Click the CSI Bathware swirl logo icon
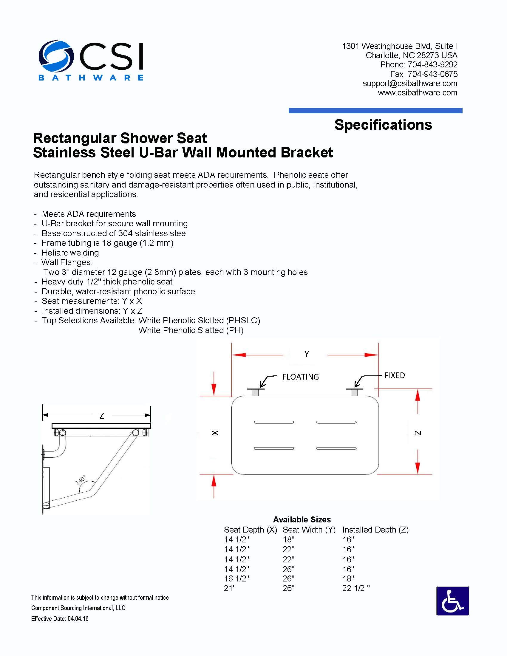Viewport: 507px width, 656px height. pyautogui.click(x=56, y=56)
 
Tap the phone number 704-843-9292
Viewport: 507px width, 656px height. pyautogui.click(x=432, y=65)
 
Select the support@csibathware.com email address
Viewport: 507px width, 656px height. pyautogui.click(x=410, y=83)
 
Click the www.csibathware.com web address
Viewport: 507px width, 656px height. pyautogui.click(x=417, y=93)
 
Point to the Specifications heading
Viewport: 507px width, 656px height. pyautogui.click(x=383, y=125)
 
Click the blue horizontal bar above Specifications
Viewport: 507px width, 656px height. pyautogui.click(x=375, y=111)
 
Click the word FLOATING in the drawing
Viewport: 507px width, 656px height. pyautogui.click(x=301, y=377)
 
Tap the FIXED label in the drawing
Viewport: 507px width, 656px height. pyautogui.click(x=395, y=375)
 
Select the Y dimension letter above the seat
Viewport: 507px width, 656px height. pyautogui.click(x=307, y=354)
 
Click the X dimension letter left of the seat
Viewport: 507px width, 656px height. pyautogui.click(x=215, y=433)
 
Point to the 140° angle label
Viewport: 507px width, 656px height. pyautogui.click(x=80, y=480)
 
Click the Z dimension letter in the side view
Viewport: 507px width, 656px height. pyautogui.click(x=102, y=416)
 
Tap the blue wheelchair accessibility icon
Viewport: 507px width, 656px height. pyautogui.click(x=452, y=601)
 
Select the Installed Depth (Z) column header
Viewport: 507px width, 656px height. pyautogui.click(x=375, y=530)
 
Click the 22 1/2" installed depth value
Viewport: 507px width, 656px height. pyautogui.click(x=356, y=588)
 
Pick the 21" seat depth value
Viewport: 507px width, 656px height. pyautogui.click(x=230, y=588)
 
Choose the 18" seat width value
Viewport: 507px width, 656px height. pyautogui.click(x=288, y=539)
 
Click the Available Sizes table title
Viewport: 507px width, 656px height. pyautogui.click(x=302, y=520)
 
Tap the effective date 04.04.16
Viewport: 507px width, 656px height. pyautogui.click(x=78, y=618)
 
